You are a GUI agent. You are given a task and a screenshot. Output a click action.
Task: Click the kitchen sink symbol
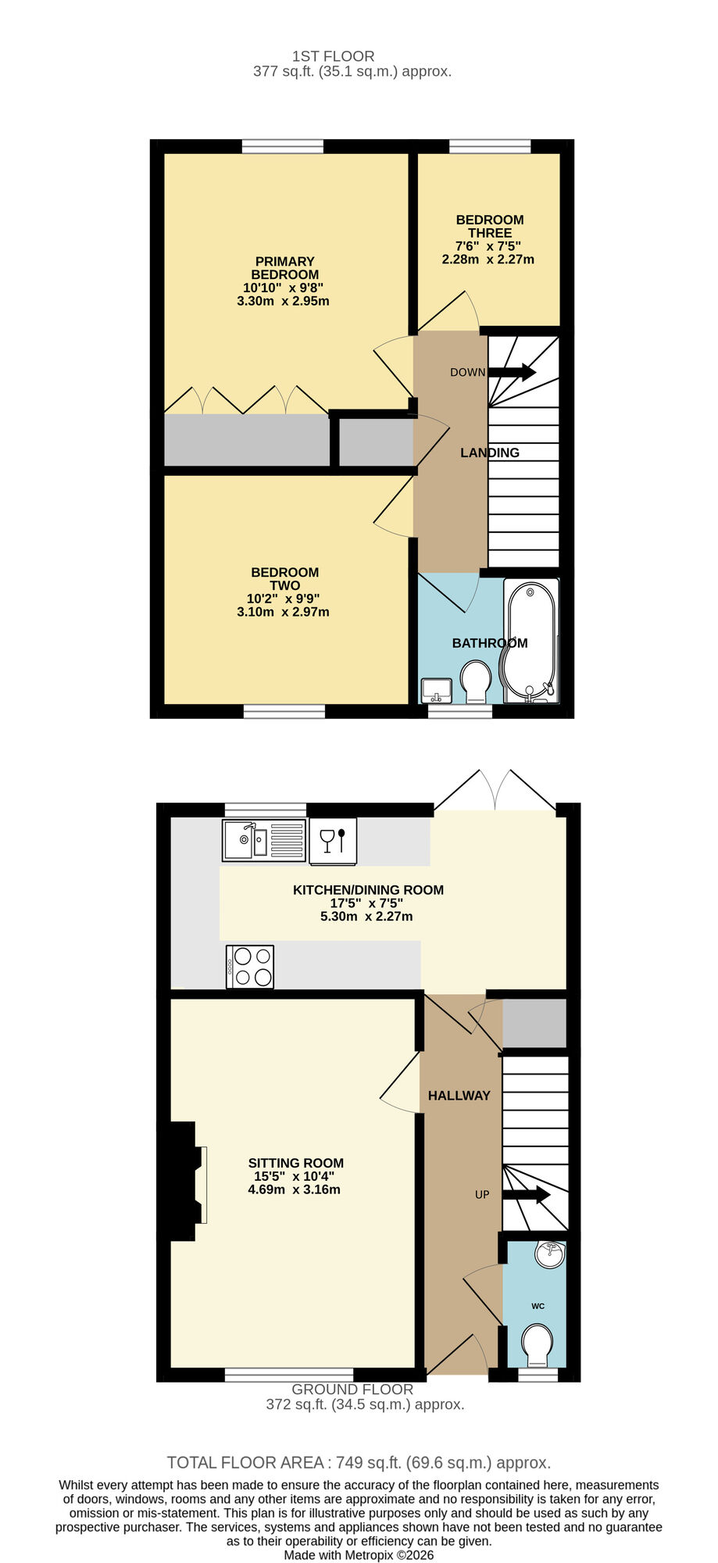pyautogui.click(x=264, y=840)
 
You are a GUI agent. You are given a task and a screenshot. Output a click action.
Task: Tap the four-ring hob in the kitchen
pyautogui.click(x=250, y=967)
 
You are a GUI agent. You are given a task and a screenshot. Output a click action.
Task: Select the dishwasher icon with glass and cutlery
pyautogui.click(x=334, y=841)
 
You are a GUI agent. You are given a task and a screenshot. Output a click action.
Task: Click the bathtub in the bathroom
pyautogui.click(x=530, y=641)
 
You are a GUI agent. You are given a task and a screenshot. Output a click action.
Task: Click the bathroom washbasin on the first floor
pyautogui.click(x=437, y=690)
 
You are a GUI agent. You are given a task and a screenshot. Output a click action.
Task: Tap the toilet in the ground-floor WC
pyautogui.click(x=537, y=1342)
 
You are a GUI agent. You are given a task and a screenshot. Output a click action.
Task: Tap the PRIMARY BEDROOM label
pyautogui.click(x=284, y=268)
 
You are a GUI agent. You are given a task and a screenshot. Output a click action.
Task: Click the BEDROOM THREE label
pyautogui.click(x=490, y=226)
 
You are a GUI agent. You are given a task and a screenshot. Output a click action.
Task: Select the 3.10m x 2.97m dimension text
pyautogui.click(x=283, y=612)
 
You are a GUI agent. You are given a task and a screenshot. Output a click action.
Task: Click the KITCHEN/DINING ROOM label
pyautogui.click(x=368, y=889)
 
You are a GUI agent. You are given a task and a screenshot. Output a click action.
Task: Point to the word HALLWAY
pyautogui.click(x=459, y=1096)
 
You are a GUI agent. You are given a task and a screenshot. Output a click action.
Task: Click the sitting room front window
pyautogui.click(x=289, y=1374)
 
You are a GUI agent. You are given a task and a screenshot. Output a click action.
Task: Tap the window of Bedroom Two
pyautogui.click(x=284, y=710)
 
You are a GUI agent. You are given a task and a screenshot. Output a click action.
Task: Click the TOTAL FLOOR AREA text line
pyautogui.click(x=359, y=1462)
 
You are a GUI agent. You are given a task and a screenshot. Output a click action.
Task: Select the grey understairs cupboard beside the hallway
pyautogui.click(x=534, y=1023)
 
